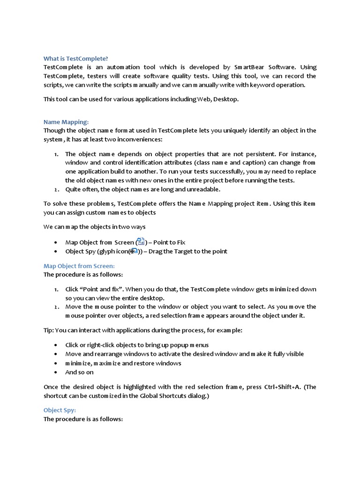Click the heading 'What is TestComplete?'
click(x=75, y=59)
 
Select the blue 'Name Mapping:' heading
click(x=66, y=122)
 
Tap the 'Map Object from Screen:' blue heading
click(x=79, y=266)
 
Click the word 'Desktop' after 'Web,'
click(x=225, y=99)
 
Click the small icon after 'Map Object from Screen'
click(x=141, y=242)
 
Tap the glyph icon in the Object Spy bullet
click(x=134, y=251)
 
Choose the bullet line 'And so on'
click(x=79, y=372)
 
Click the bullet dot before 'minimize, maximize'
click(x=56, y=363)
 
